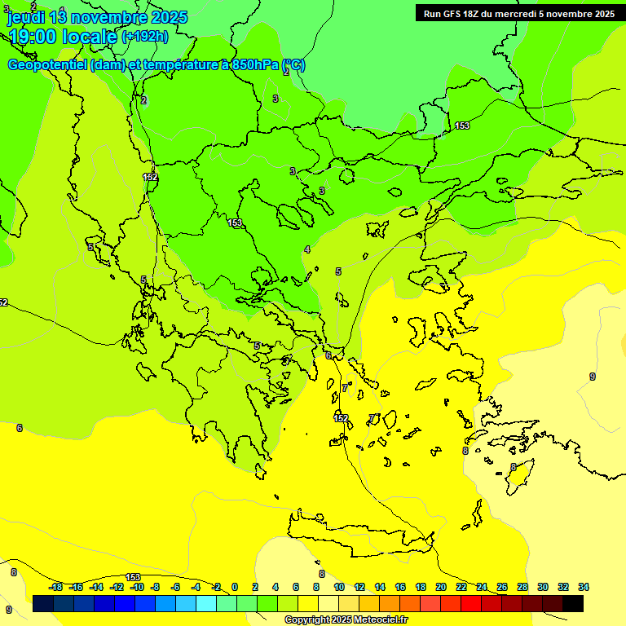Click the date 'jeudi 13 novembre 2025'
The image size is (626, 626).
[x=97, y=17]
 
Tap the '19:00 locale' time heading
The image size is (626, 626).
[x=63, y=37]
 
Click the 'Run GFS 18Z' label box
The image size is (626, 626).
[x=519, y=13]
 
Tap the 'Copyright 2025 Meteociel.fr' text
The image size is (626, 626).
[x=346, y=619]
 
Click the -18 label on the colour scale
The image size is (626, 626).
[x=56, y=587]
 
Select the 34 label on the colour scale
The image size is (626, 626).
[x=583, y=587]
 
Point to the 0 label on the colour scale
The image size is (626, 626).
[x=234, y=587]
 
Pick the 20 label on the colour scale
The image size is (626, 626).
[x=440, y=587]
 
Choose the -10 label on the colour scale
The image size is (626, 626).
[x=137, y=587]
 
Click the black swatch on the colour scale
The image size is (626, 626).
[x=573, y=604]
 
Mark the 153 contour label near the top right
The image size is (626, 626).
[x=462, y=126]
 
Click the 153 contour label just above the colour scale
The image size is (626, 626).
[x=133, y=577]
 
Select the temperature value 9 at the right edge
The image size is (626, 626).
[x=593, y=376]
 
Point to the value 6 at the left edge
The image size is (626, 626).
[x=20, y=428]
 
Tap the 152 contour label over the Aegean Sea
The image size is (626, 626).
[x=341, y=418]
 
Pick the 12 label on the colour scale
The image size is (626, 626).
[x=359, y=587]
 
